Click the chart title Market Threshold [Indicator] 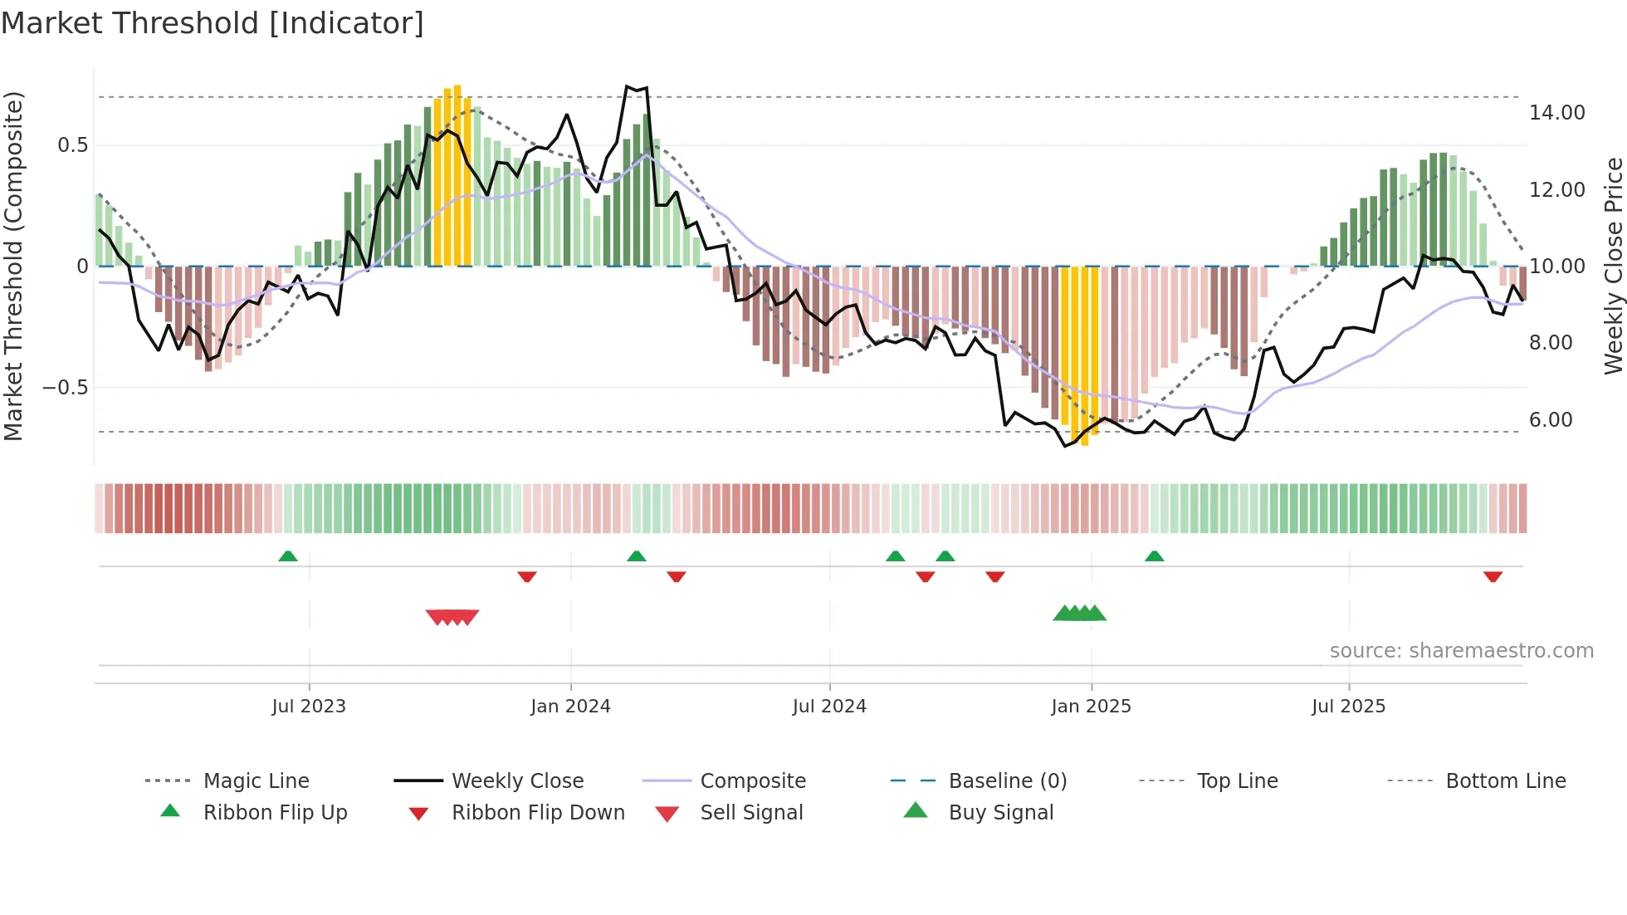tap(213, 23)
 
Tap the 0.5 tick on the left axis tap(72, 145)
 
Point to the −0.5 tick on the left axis tap(66, 388)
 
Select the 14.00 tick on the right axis tap(1557, 113)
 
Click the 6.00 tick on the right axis tap(1551, 420)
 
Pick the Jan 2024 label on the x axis tap(570, 707)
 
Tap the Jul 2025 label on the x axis tap(1348, 707)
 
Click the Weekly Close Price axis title tap(1612, 266)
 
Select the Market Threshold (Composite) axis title tap(13, 266)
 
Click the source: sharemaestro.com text tap(1461, 651)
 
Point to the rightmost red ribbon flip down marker tap(1493, 576)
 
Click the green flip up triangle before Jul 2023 tap(288, 556)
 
